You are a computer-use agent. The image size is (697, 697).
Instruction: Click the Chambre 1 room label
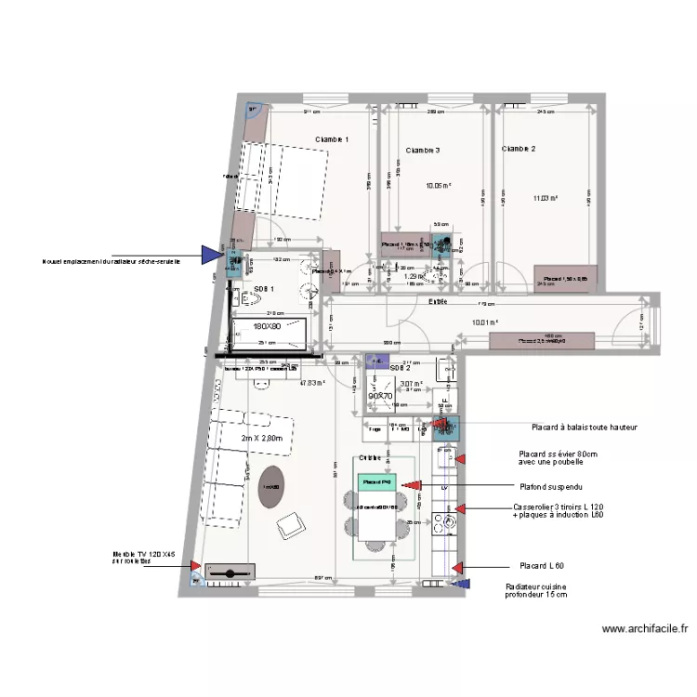(x=332, y=139)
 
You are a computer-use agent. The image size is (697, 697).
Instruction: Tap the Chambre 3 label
(x=423, y=150)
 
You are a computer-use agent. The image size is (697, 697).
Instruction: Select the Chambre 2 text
(x=519, y=149)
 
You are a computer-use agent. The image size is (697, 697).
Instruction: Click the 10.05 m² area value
(x=439, y=186)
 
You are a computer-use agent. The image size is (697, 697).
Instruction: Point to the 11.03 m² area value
(x=546, y=197)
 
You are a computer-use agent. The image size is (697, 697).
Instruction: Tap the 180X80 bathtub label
(x=269, y=326)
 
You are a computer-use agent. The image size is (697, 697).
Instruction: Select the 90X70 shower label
(x=380, y=395)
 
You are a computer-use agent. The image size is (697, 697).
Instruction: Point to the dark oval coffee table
(x=271, y=488)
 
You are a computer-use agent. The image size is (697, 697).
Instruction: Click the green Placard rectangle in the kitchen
(x=377, y=482)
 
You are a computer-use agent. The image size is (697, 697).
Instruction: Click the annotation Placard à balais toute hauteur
(x=584, y=427)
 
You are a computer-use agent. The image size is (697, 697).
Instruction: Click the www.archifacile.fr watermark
(x=645, y=629)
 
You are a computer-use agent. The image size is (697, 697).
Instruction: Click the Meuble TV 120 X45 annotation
(x=144, y=557)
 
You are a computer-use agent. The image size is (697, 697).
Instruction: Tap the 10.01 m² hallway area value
(x=485, y=322)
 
